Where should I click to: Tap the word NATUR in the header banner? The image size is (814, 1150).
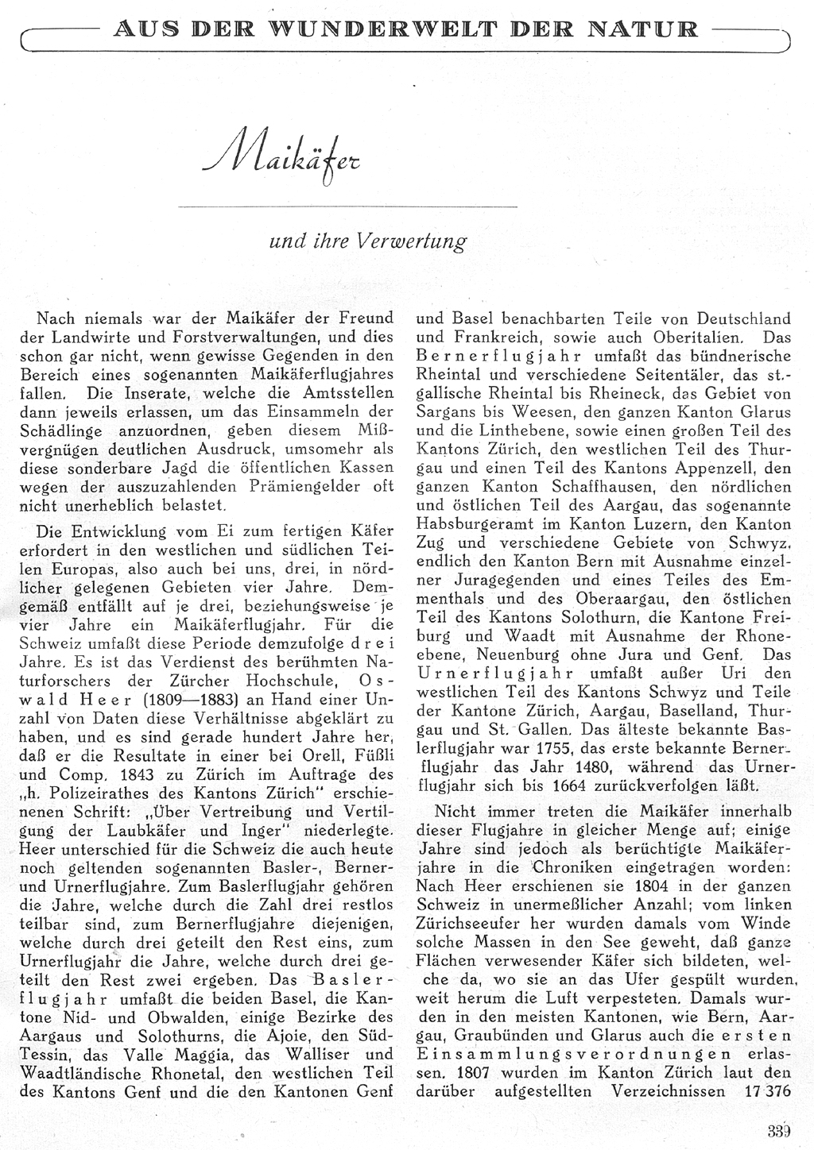point(649,30)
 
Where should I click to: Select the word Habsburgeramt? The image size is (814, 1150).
point(471,524)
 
